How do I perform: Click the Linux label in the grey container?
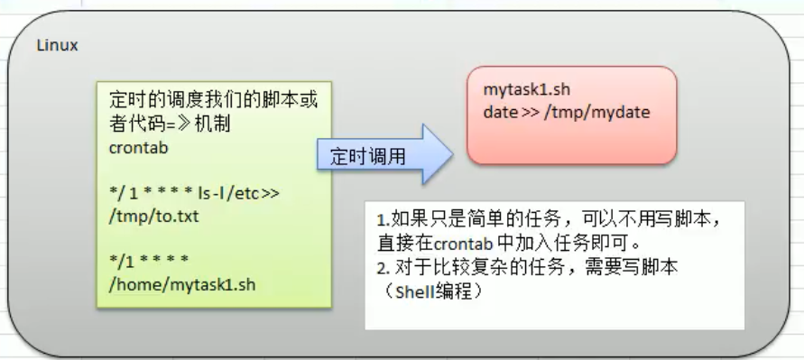point(57,46)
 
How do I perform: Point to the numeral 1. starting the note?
point(383,219)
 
